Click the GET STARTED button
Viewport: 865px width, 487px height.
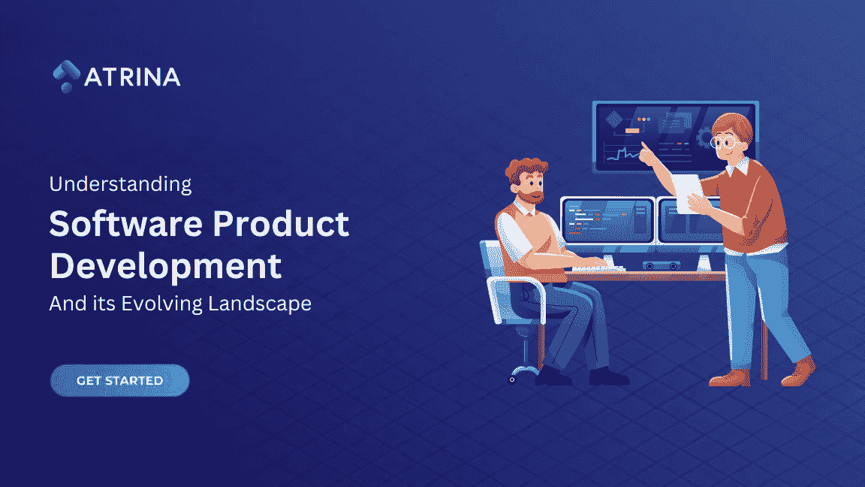coord(119,380)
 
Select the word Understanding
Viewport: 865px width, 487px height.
coord(120,183)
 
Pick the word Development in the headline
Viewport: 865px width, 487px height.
coord(165,266)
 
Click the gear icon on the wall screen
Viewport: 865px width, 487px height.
coord(704,138)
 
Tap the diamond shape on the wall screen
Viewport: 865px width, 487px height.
coord(615,119)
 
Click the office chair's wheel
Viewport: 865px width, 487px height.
coord(513,379)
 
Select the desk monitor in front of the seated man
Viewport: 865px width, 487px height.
coord(607,219)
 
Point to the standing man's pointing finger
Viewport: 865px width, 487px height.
coord(644,152)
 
